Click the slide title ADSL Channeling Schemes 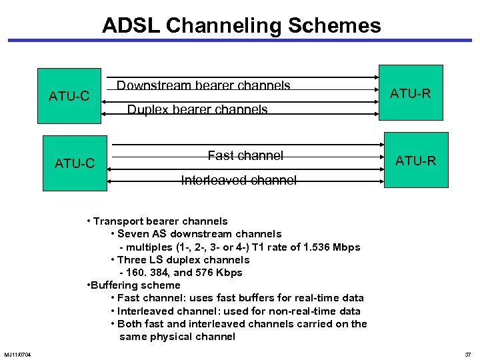[x=241, y=25]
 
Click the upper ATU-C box [x=69, y=96]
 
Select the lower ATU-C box [x=75, y=163]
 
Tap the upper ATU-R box [x=411, y=93]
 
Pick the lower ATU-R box [x=417, y=160]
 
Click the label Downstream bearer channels [x=203, y=85]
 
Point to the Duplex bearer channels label [x=197, y=109]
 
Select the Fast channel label [x=245, y=155]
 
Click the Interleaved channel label [x=239, y=180]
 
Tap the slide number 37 [x=467, y=353]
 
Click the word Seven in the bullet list [x=133, y=234]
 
